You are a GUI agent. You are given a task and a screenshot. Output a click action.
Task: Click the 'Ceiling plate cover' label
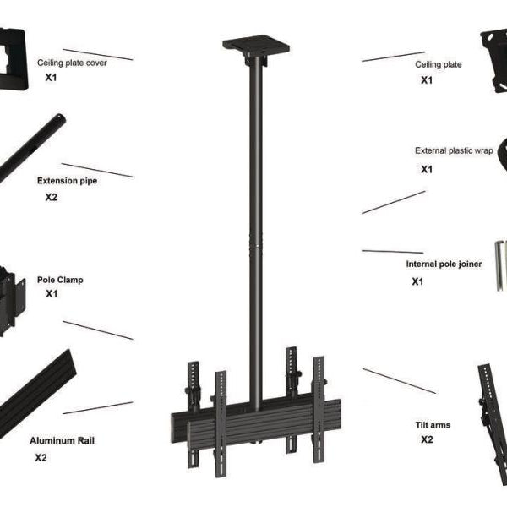click(x=72, y=63)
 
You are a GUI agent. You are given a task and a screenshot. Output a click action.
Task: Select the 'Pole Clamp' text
click(x=60, y=280)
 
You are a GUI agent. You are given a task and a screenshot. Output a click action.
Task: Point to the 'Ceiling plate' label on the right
click(x=439, y=64)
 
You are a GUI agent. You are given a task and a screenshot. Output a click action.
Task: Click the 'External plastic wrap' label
click(x=454, y=150)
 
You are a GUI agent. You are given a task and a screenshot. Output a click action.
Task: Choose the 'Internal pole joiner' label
click(x=444, y=264)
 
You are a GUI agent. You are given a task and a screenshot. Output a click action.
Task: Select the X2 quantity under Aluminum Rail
click(x=41, y=458)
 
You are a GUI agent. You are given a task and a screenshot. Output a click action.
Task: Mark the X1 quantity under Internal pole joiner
click(x=417, y=281)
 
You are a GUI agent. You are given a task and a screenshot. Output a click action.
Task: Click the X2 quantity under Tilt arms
click(x=427, y=440)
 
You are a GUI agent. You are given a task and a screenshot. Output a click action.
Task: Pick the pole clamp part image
click(x=14, y=296)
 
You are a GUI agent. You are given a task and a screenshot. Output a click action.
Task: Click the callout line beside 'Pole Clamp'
click(x=97, y=330)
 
